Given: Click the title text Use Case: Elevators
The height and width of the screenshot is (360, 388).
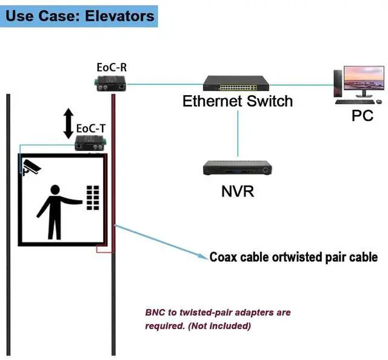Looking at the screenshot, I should coord(80,15).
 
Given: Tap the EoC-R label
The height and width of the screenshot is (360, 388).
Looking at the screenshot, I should coord(112,66).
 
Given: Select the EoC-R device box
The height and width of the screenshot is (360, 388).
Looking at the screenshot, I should coord(111,84).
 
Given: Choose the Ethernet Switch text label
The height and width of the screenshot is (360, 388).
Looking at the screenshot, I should coord(238,101).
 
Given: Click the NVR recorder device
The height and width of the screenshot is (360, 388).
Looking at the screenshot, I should coord(236,168).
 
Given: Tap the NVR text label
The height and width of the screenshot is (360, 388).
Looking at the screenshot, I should coord(237,192).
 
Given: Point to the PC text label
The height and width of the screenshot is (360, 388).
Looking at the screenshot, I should coord(363,116).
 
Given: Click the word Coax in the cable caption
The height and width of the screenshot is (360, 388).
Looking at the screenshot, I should coord(224,257).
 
